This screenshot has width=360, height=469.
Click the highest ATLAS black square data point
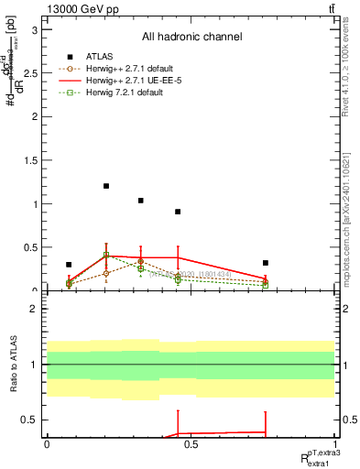pos(106,186)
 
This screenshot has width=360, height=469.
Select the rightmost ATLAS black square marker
pos(265,263)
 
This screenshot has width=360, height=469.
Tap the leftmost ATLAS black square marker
pos(69,265)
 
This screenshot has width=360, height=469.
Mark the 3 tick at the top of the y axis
pos(39,30)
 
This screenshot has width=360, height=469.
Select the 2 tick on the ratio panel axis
pos(39,309)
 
